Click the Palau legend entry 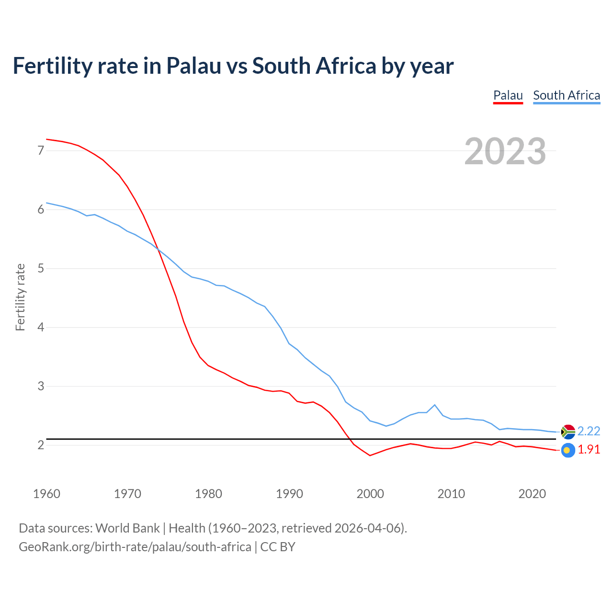508,95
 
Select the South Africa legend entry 566,95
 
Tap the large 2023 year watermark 505,151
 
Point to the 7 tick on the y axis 41,150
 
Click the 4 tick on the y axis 41,327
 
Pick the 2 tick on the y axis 41,445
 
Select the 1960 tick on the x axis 46,494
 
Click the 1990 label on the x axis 289,494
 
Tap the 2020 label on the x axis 532,494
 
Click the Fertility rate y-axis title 20,297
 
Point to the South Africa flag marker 568,431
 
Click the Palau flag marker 568,450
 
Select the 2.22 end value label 589,431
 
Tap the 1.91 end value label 589,450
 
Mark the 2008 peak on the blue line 435,405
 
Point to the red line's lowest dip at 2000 370,455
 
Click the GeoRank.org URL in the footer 135,546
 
